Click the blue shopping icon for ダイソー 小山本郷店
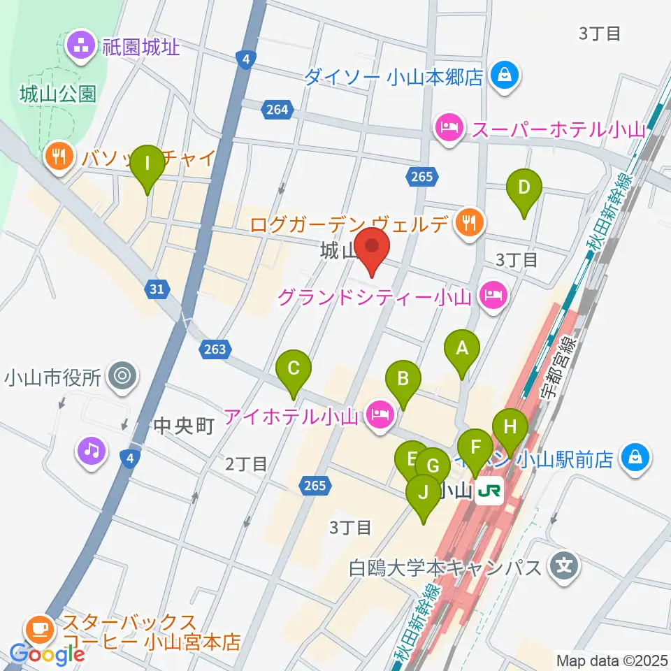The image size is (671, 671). coord(503,75)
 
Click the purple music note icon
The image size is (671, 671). coord(91,449)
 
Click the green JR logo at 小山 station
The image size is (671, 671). coord(490,491)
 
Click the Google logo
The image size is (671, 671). coord(47,655)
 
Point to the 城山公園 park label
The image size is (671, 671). coord(58,94)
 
